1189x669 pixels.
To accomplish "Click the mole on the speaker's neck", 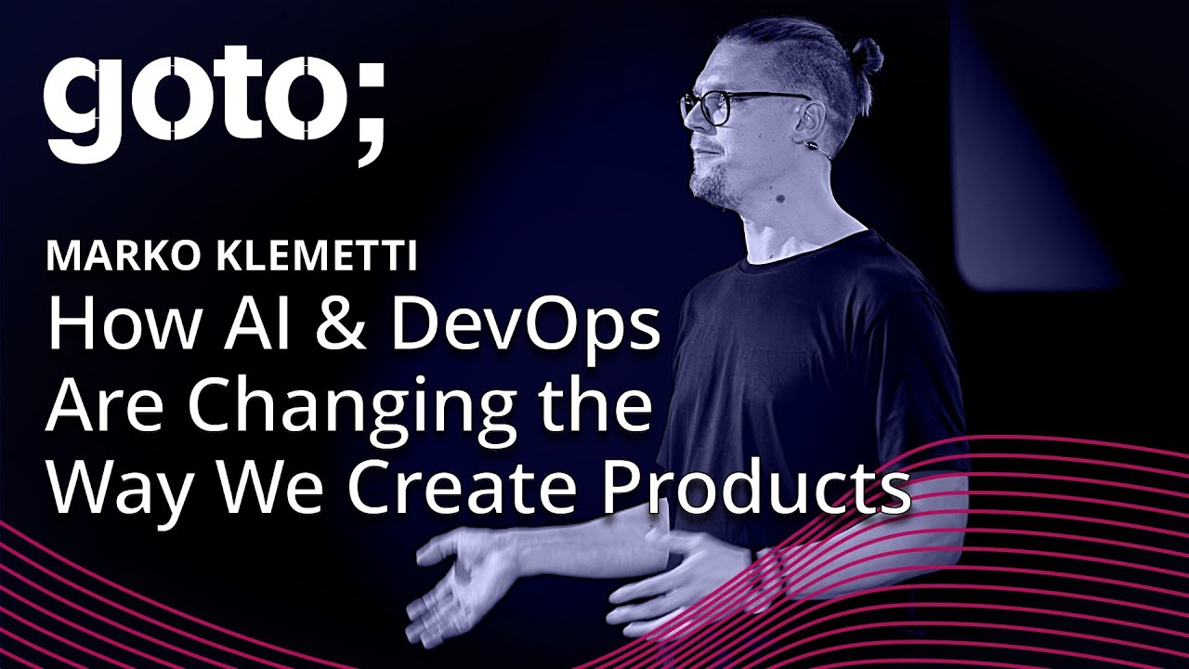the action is [x=781, y=200].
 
